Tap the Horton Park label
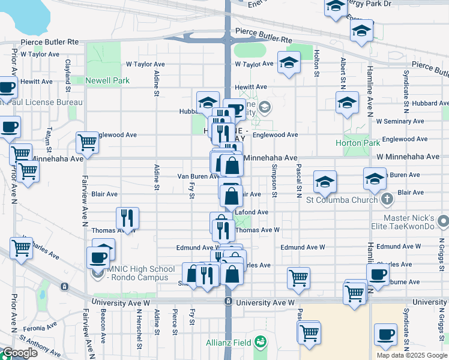pos(357,143)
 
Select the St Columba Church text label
pos(340,200)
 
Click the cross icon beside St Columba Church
pos(387,199)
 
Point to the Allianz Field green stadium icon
pos(261,341)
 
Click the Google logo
pos(20,353)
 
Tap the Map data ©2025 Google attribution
pos(412,355)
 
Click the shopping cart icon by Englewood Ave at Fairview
pos(87,143)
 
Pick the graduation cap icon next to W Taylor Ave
pos(289,62)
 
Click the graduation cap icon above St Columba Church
pos(325,181)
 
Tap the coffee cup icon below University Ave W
pos(385,334)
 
